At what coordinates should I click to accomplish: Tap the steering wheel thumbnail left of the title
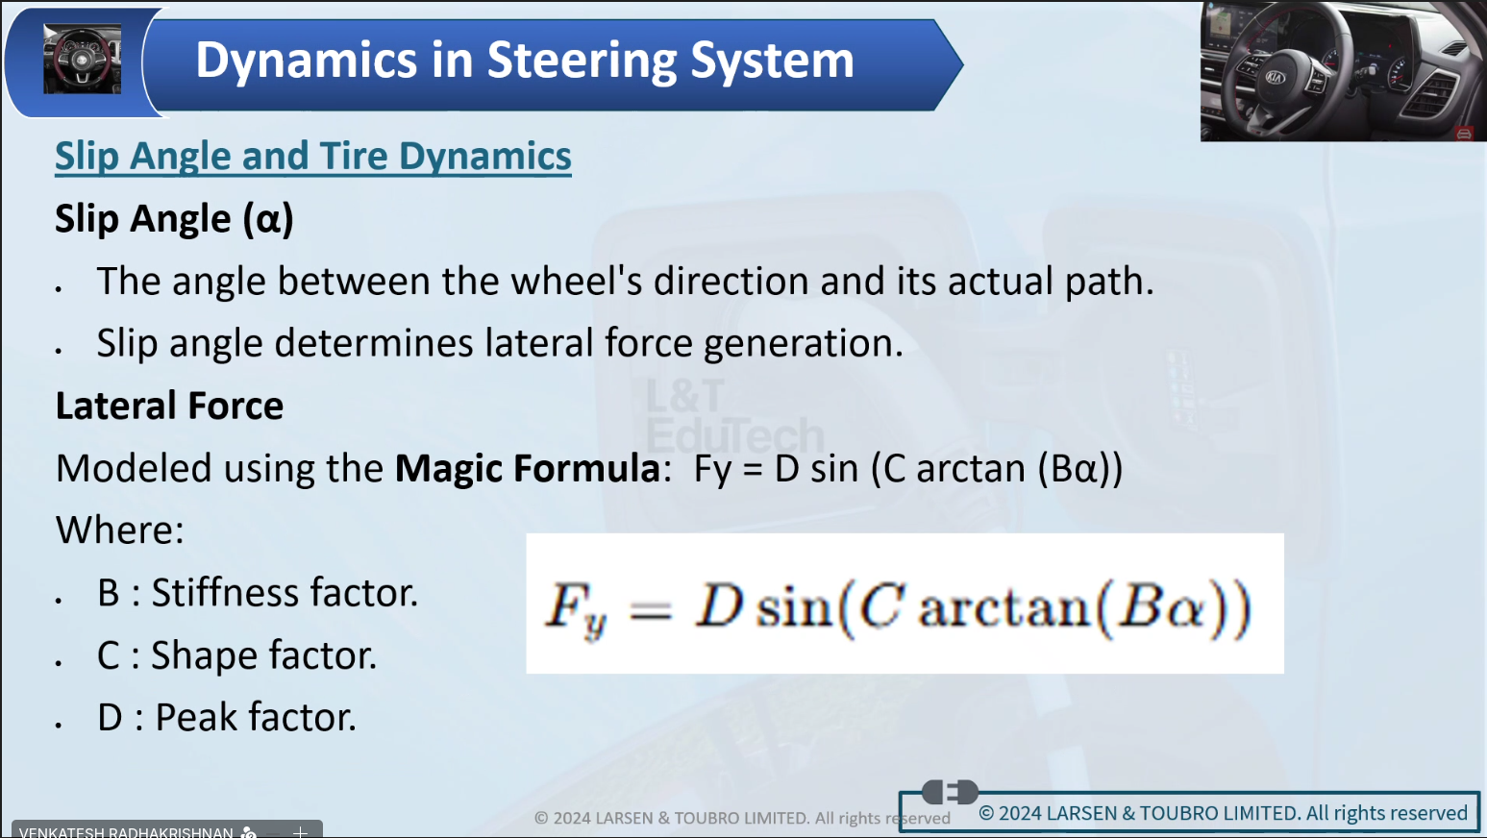pos(83,59)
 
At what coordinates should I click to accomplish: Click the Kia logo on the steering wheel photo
pos(1275,77)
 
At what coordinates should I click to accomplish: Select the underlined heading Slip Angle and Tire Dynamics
pos(312,158)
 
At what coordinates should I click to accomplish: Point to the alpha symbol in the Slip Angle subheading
pos(268,220)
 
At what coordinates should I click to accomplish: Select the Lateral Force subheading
pos(169,406)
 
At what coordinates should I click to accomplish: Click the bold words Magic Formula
pos(527,468)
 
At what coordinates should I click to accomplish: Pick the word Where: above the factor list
pos(119,530)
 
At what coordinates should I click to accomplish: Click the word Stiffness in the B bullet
pos(224,593)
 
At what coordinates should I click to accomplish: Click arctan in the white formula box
pos(1004,608)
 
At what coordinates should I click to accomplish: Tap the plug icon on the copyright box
pos(950,792)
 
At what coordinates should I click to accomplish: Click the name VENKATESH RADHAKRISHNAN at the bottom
pos(126,832)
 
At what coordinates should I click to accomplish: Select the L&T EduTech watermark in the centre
pos(735,416)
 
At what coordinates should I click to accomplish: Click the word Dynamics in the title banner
pos(306,62)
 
